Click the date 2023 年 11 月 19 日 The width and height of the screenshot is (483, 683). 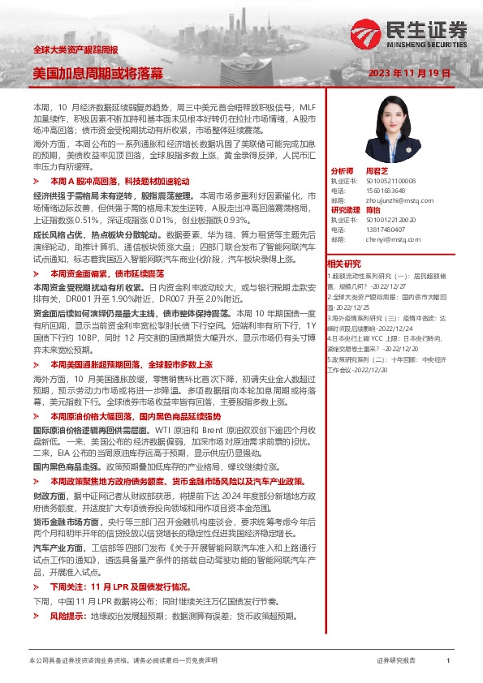pyautogui.click(x=409, y=73)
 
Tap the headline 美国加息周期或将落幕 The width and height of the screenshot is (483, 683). pyautogui.click(x=97, y=73)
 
